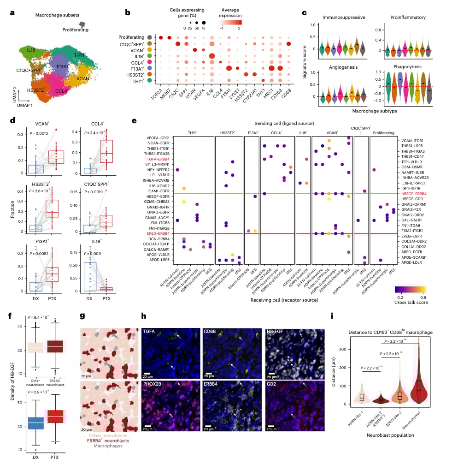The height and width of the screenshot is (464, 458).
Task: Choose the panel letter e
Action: [x=134, y=120]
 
